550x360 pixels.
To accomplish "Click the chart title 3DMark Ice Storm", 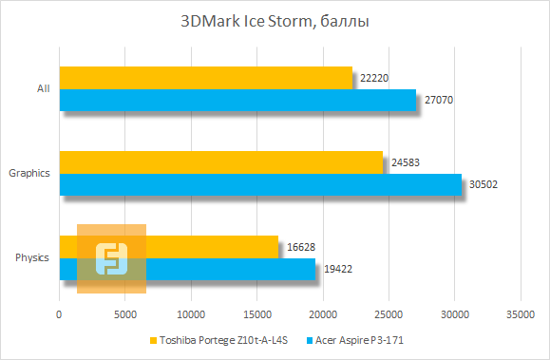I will (x=275, y=20).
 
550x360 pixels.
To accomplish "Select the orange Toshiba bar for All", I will (x=205, y=78).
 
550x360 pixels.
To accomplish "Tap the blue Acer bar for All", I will (x=237, y=100).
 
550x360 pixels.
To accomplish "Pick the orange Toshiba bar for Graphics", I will (x=220, y=162).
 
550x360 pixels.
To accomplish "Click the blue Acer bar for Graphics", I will (x=260, y=184).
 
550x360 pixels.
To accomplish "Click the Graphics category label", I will (x=29, y=173).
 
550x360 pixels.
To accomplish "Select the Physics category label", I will (x=33, y=257).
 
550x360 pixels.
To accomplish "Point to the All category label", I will (x=43, y=88).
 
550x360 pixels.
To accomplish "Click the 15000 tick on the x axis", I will (x=256, y=314).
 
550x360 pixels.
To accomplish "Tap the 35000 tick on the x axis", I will (x=520, y=314).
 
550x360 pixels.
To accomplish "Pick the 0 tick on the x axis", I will (x=59, y=314).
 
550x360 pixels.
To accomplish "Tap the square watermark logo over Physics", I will (x=111, y=258).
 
